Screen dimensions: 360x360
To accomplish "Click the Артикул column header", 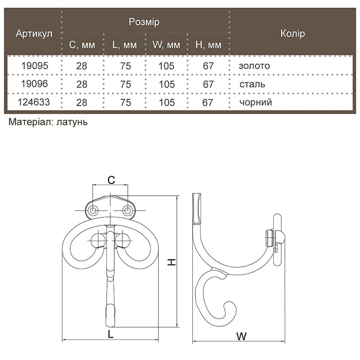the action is [34, 34].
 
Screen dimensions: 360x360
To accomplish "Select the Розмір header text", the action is [144, 22].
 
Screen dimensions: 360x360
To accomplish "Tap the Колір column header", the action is [293, 33].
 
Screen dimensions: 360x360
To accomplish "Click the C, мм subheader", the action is [82, 45].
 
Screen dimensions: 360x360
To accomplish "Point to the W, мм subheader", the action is [166, 45].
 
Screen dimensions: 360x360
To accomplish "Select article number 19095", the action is [35, 66].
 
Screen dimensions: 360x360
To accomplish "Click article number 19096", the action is [35, 84].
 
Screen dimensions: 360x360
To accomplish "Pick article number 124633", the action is [34, 102].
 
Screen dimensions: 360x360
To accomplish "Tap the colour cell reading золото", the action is [254, 66].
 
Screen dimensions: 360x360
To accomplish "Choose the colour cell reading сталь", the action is [252, 84].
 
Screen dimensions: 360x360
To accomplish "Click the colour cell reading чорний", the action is [256, 103].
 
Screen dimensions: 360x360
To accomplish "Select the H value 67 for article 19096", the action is [208, 84].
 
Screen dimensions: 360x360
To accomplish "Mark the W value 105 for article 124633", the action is [166, 103].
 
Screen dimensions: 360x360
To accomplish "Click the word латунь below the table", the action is [72, 122].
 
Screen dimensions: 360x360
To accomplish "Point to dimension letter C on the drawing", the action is [111, 180].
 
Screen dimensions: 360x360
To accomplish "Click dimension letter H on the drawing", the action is [171, 262].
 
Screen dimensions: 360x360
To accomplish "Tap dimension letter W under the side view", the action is [241, 337].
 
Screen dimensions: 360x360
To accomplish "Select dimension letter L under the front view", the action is [111, 334].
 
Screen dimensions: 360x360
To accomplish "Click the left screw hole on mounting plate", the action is [93, 210].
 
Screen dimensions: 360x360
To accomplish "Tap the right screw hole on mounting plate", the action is [127, 210].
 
